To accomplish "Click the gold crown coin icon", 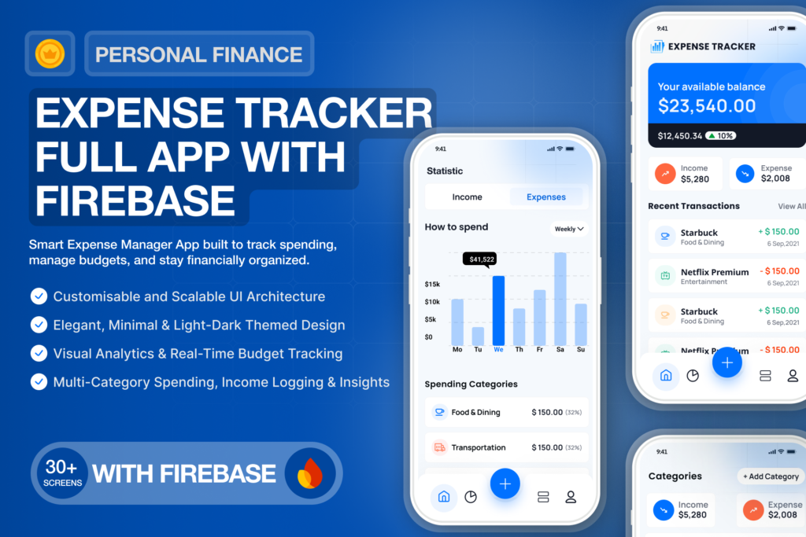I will [50, 53].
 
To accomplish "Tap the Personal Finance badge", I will [198, 54].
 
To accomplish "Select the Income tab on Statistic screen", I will [467, 197].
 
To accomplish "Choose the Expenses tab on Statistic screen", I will [546, 197].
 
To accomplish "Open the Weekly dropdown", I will [569, 229].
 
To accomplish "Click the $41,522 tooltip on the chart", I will [482, 259].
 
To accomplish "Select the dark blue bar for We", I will [498, 310].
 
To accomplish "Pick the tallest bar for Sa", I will [560, 298].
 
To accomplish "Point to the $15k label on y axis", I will [432, 284].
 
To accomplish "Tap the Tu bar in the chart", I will [478, 336].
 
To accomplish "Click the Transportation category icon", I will [439, 447].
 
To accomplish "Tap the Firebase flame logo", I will [310, 473].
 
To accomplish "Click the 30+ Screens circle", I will [62, 473].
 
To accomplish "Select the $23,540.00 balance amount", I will [706, 105].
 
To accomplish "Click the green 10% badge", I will [720, 135].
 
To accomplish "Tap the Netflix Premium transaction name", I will [714, 272].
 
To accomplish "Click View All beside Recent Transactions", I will [791, 206].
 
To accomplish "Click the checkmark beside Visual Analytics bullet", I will [38, 353].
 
